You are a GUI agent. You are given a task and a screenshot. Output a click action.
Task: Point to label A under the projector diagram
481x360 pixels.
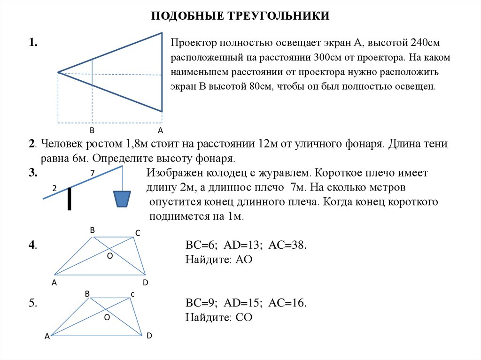click(160, 130)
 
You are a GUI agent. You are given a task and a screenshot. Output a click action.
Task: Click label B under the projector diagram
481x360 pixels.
click(92, 130)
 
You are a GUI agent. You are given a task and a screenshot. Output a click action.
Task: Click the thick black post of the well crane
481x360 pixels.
click(70, 199)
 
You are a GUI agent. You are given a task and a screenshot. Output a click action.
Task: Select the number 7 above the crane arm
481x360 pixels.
click(93, 173)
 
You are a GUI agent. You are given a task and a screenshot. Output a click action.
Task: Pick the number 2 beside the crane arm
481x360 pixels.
click(54, 188)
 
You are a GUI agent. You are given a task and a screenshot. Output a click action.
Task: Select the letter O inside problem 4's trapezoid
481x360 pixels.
click(110, 256)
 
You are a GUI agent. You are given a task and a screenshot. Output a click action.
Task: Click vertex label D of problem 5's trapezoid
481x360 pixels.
click(149, 336)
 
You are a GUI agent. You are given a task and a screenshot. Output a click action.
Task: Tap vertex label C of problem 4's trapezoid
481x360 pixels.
click(138, 233)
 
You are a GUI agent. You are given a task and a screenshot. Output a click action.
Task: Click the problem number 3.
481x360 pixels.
click(32, 173)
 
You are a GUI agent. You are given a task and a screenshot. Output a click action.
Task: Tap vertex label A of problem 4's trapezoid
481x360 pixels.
click(54, 283)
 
